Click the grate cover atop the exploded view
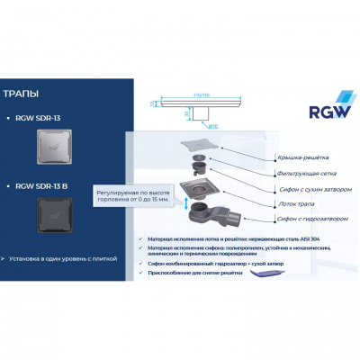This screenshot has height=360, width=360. point(199,145)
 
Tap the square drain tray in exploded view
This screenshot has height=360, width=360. point(200,188)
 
